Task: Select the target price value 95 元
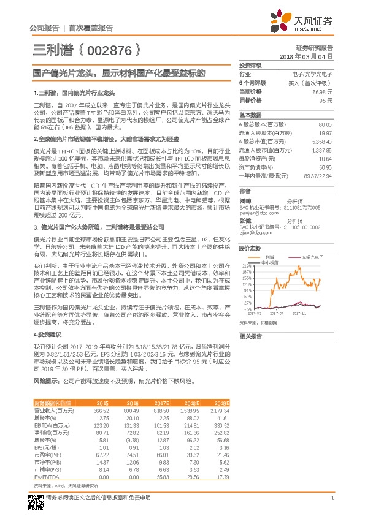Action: pyautogui.click(x=325, y=99)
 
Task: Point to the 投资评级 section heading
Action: pyautogui.click(x=250, y=65)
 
